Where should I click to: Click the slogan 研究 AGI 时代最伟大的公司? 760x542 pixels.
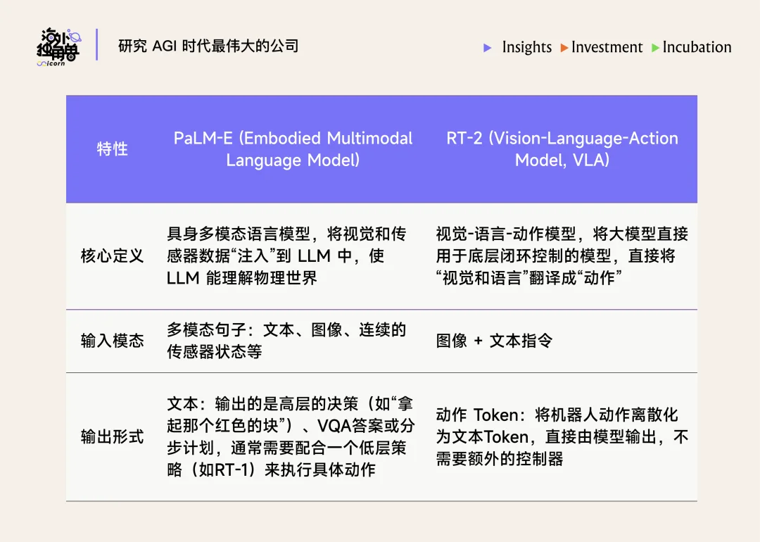click(x=208, y=46)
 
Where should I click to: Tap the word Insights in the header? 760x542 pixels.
click(x=526, y=47)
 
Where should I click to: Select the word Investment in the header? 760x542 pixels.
click(x=607, y=47)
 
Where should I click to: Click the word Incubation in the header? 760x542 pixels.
click(x=697, y=47)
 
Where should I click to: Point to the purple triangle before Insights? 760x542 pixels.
click(x=488, y=48)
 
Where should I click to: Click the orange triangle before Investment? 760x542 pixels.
click(x=564, y=48)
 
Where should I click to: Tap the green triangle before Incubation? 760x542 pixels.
click(x=655, y=48)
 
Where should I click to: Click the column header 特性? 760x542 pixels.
click(x=113, y=149)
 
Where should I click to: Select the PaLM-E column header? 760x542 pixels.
click(x=293, y=149)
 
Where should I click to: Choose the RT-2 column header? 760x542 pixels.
click(x=562, y=149)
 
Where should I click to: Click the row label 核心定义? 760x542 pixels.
click(x=113, y=256)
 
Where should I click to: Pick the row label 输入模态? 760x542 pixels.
click(x=113, y=341)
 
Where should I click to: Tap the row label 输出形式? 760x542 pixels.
click(x=113, y=437)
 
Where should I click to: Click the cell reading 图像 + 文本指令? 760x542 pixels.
click(x=494, y=341)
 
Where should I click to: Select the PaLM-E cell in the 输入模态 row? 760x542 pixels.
click(x=286, y=341)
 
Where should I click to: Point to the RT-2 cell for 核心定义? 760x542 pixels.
click(x=562, y=256)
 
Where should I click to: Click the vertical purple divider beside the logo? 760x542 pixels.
click(x=97, y=45)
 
